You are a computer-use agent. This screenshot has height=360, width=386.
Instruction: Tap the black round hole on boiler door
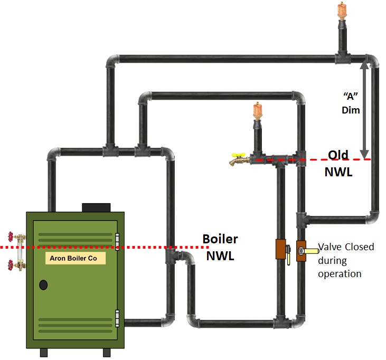tap(43, 285)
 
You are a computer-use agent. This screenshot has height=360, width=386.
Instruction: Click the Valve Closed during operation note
tap(345, 260)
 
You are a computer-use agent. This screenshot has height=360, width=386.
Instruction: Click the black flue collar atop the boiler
tap(96, 207)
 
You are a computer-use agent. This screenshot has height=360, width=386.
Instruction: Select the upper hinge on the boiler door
tap(117, 240)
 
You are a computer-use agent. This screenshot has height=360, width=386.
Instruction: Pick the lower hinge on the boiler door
tap(117, 318)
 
